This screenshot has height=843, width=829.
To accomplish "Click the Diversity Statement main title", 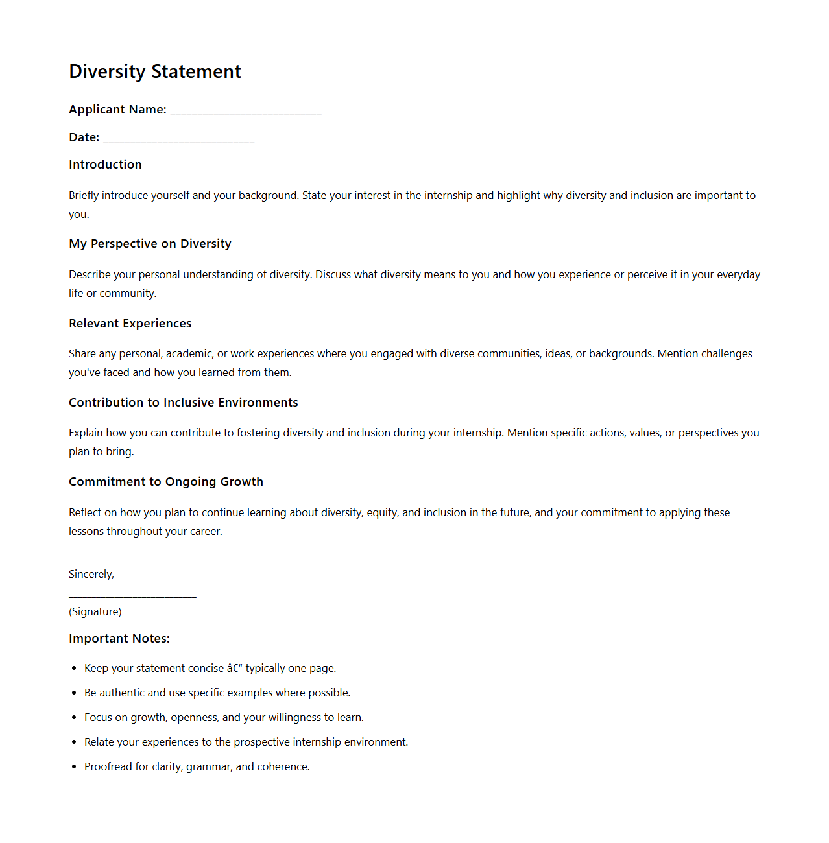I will pos(155,71).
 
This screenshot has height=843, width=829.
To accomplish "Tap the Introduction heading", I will pos(105,165).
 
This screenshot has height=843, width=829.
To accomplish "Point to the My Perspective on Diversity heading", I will pos(150,244).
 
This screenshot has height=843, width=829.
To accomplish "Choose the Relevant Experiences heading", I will pos(130,324).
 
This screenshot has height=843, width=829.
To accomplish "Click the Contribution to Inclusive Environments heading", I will pos(183,403).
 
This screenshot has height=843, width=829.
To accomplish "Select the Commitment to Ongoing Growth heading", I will pos(166,482).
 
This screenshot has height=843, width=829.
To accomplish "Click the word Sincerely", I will pos(91,574).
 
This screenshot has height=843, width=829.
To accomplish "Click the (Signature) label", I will pos(95,611).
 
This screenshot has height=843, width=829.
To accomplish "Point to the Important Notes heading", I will pos(119,639).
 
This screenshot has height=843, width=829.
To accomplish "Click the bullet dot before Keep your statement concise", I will pos(75,668).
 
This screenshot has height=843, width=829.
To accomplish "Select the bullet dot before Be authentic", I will pos(75,693).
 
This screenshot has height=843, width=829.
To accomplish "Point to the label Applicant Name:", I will pos(117,110).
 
